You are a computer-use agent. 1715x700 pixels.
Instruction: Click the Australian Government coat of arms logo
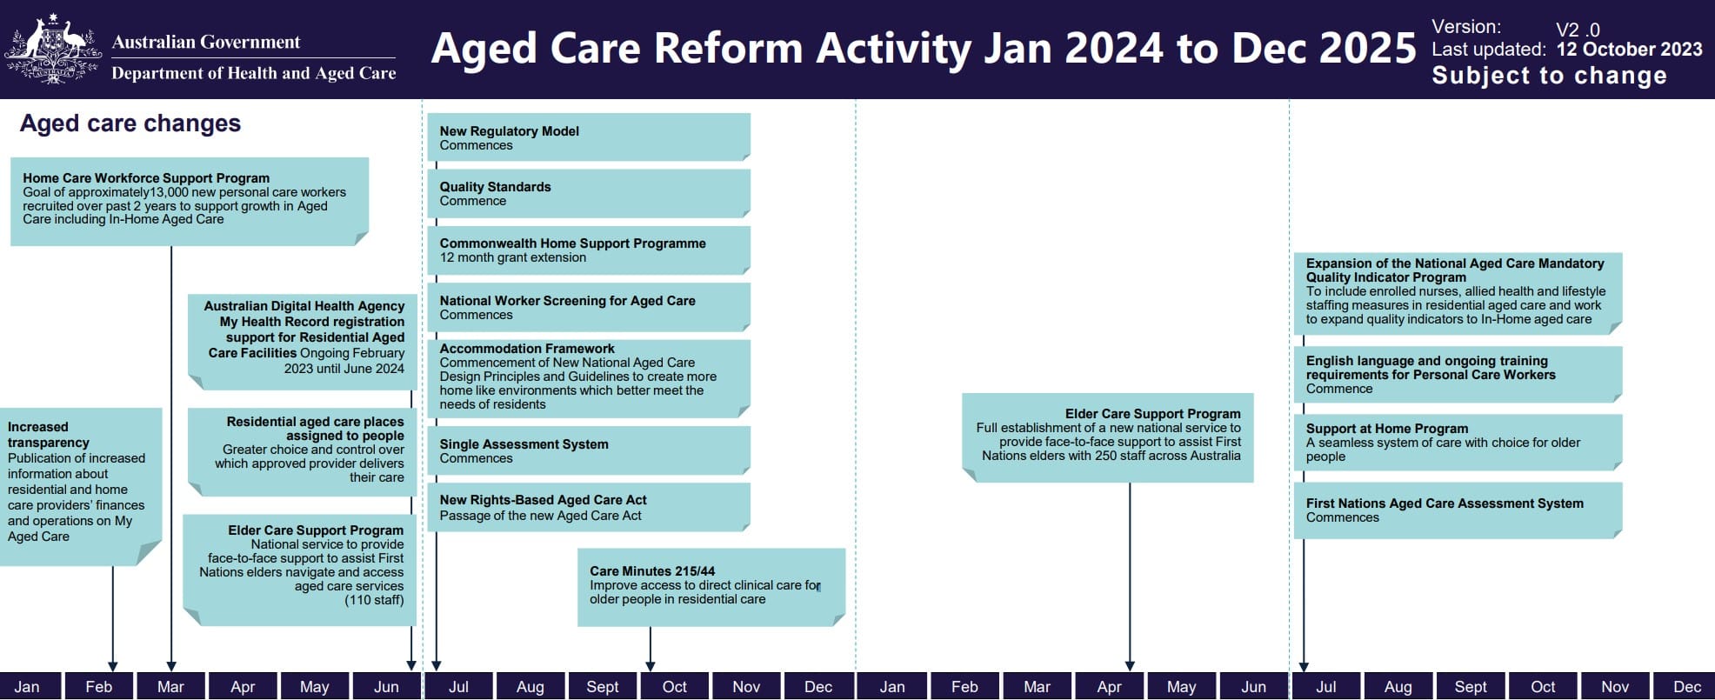click(52, 50)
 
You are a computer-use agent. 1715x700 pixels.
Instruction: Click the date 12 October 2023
click(1629, 50)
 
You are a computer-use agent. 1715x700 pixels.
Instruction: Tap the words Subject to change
click(1549, 76)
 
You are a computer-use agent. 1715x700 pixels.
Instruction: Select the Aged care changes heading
click(130, 123)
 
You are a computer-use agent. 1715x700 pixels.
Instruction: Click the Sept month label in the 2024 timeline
click(602, 687)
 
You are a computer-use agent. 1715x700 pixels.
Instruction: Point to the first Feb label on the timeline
click(98, 687)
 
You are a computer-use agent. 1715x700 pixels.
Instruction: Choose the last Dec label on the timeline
click(1686, 687)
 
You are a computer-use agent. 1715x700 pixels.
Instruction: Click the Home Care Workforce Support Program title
click(146, 178)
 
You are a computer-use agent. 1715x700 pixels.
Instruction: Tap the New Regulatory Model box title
click(509, 131)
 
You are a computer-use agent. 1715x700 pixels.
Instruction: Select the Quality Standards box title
click(495, 187)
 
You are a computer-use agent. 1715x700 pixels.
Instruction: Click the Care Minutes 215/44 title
click(652, 571)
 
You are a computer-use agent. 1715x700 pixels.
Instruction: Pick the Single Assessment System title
click(524, 444)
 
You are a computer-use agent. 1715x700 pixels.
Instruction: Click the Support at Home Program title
click(1386, 429)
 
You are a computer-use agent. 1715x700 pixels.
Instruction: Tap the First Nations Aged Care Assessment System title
click(1444, 503)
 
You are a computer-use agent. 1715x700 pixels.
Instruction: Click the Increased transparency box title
click(48, 435)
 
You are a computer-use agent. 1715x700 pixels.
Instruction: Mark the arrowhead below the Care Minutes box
click(650, 666)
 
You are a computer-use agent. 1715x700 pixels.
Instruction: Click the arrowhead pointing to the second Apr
click(1130, 666)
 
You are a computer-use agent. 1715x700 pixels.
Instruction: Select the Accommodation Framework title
click(526, 349)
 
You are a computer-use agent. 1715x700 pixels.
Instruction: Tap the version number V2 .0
click(1578, 30)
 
